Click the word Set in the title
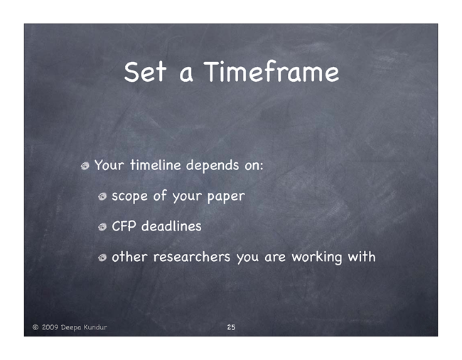pyautogui.click(x=145, y=72)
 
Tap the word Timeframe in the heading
pyautogui.click(x=272, y=71)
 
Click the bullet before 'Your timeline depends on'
pyautogui.click(x=85, y=166)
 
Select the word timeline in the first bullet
pyautogui.click(x=156, y=164)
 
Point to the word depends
pyautogui.click(x=213, y=166)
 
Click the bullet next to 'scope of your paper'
pyautogui.click(x=102, y=196)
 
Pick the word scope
pyautogui.click(x=129, y=196)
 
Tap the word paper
pyautogui.click(x=226, y=196)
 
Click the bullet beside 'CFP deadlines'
pyautogui.click(x=102, y=227)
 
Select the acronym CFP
pyautogui.click(x=124, y=226)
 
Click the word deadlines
pyautogui.click(x=171, y=226)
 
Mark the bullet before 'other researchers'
pyautogui.click(x=102, y=258)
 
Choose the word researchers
pyautogui.click(x=192, y=257)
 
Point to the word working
pyautogui.click(x=317, y=258)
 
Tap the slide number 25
pyautogui.click(x=231, y=327)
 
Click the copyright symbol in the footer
pyautogui.click(x=36, y=327)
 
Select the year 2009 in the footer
pyautogui.click(x=50, y=327)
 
